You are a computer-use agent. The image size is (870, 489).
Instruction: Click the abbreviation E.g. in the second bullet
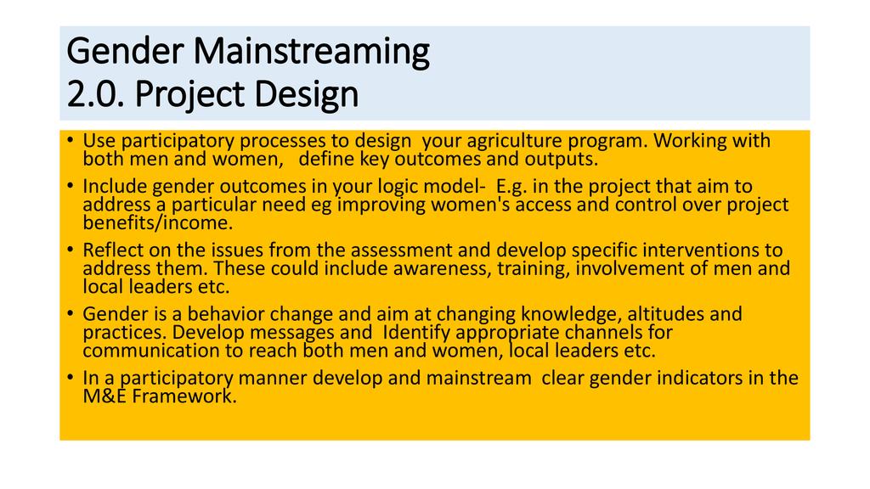511,187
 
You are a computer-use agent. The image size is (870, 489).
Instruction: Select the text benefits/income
157,223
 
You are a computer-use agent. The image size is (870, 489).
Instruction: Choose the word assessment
404,250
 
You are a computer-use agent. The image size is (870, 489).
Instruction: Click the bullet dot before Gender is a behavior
70,313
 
